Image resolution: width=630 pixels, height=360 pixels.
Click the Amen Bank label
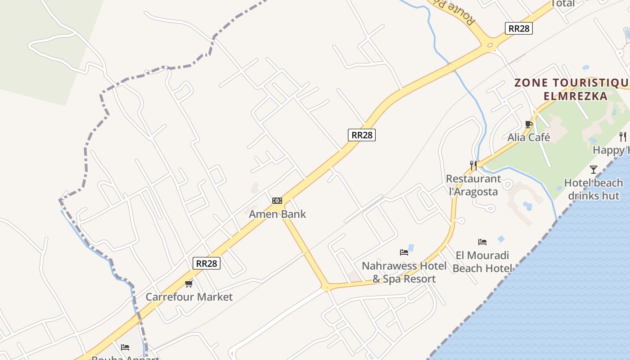[277, 214]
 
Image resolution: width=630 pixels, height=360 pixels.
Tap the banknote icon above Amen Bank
[277, 201]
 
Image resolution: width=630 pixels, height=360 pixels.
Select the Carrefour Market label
[189, 297]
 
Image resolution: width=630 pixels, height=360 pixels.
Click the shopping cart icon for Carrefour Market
[189, 283]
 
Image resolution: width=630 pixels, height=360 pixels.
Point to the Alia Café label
[529, 137]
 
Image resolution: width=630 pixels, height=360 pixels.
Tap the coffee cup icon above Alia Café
[529, 124]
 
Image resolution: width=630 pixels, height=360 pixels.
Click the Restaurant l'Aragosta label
[473, 185]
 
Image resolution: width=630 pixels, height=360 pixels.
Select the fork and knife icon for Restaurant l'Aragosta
[473, 165]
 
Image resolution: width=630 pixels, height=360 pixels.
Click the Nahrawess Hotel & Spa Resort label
[404, 272]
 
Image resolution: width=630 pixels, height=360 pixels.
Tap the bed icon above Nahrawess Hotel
[404, 252]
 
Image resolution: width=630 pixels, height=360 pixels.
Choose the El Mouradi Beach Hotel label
[482, 262]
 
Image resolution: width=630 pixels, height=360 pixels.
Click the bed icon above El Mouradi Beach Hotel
[482, 242]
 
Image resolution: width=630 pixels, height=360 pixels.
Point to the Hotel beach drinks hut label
[594, 189]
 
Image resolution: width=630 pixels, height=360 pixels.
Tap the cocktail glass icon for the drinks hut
[594, 170]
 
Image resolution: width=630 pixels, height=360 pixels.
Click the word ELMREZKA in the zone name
[576, 96]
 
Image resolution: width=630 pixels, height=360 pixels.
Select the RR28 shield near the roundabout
[519, 28]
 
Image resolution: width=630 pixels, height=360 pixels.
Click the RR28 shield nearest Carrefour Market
[207, 263]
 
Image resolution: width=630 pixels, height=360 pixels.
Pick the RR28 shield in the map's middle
[362, 135]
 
